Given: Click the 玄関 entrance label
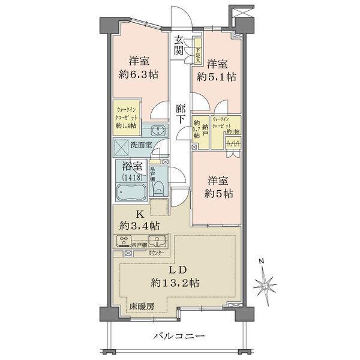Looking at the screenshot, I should coord(179,46).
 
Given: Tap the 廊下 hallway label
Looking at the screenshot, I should coord(180,114).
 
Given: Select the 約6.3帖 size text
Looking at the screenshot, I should coord(139,75).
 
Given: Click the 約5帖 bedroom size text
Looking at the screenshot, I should coord(217,194).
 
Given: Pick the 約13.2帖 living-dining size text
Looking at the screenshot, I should coord(176,282).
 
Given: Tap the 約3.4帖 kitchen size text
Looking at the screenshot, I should coord(139,226).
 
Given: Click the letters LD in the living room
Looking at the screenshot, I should coord(176,269).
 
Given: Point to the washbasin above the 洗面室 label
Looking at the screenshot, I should coord(159,132).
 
